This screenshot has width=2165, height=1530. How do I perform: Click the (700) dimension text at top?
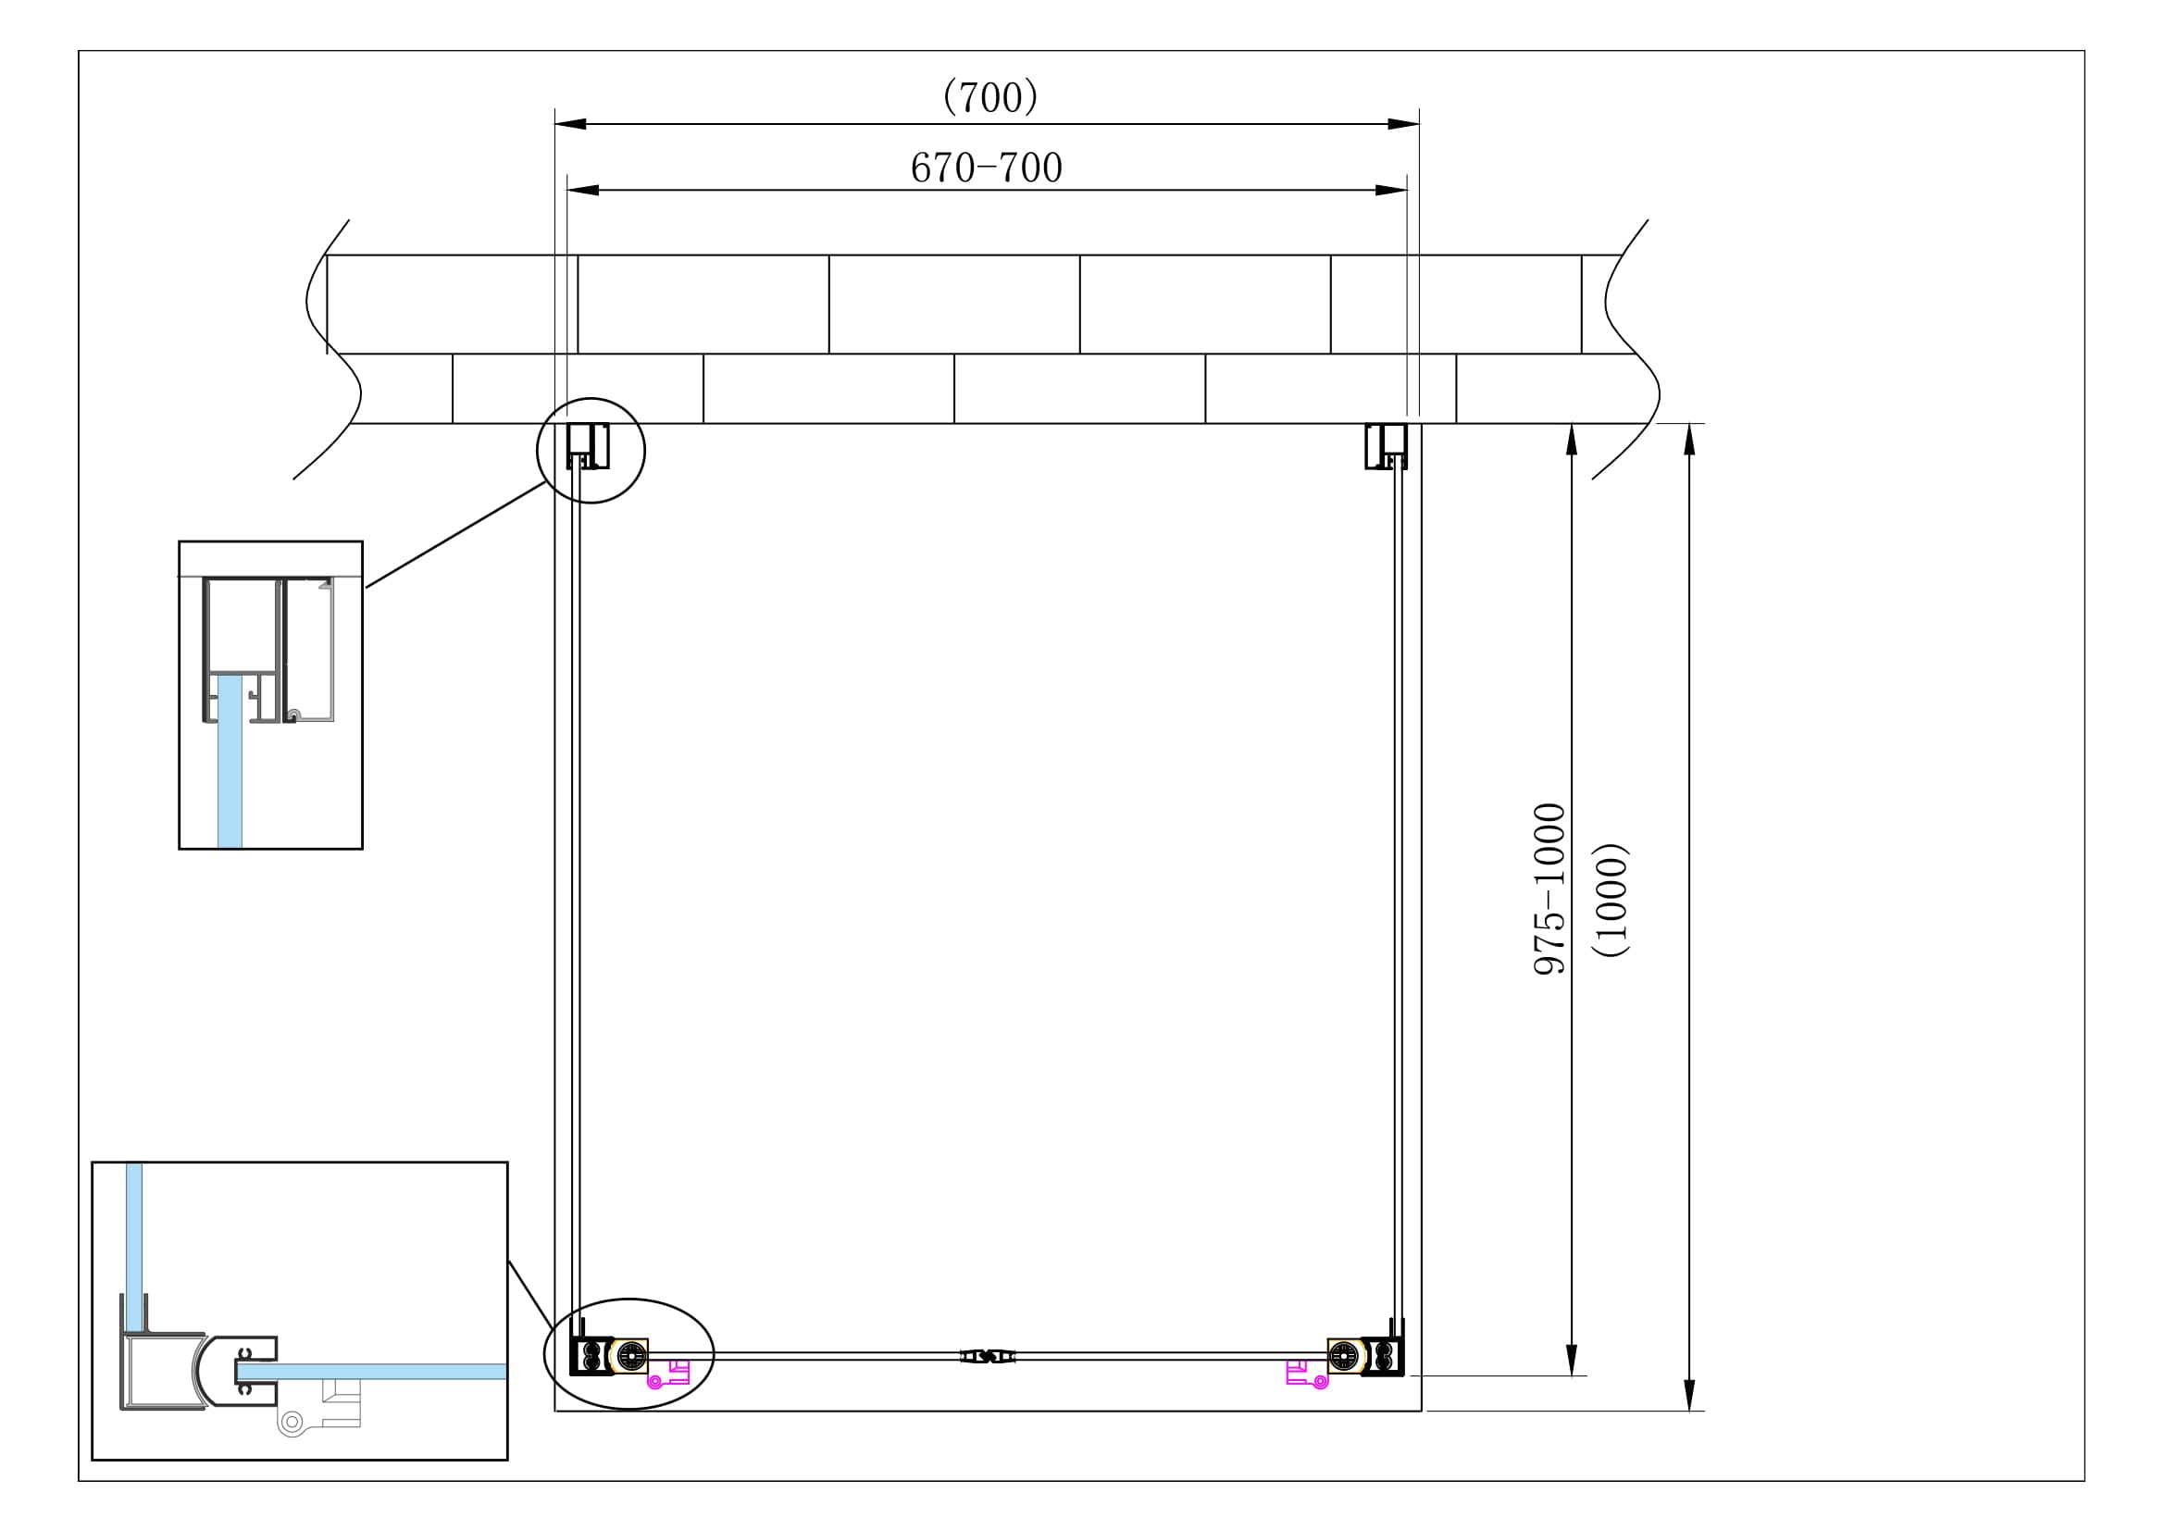click(x=990, y=97)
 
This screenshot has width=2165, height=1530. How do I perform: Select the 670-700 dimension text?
click(x=987, y=168)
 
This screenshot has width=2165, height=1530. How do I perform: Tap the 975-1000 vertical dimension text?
click(x=1549, y=888)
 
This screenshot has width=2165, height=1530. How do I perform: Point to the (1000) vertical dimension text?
click(x=1611, y=900)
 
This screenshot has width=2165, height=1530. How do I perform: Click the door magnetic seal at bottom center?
click(x=988, y=1357)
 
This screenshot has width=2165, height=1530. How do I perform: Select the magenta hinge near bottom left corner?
click(x=667, y=1375)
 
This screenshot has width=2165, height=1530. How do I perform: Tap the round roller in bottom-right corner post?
click(x=1346, y=1357)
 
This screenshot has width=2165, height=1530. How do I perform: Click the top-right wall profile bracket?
click(x=1387, y=446)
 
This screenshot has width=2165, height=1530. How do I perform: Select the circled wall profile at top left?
click(x=588, y=446)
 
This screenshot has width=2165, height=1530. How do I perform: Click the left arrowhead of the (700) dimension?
click(x=569, y=123)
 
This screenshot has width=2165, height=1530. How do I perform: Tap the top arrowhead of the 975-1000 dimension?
click(x=1572, y=440)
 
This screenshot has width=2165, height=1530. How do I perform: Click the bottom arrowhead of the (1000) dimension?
click(x=1690, y=1395)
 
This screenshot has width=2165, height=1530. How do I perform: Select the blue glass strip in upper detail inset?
click(x=230, y=764)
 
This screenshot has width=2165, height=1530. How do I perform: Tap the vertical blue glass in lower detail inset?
click(x=134, y=1244)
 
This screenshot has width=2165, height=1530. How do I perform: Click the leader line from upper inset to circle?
click(x=455, y=534)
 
